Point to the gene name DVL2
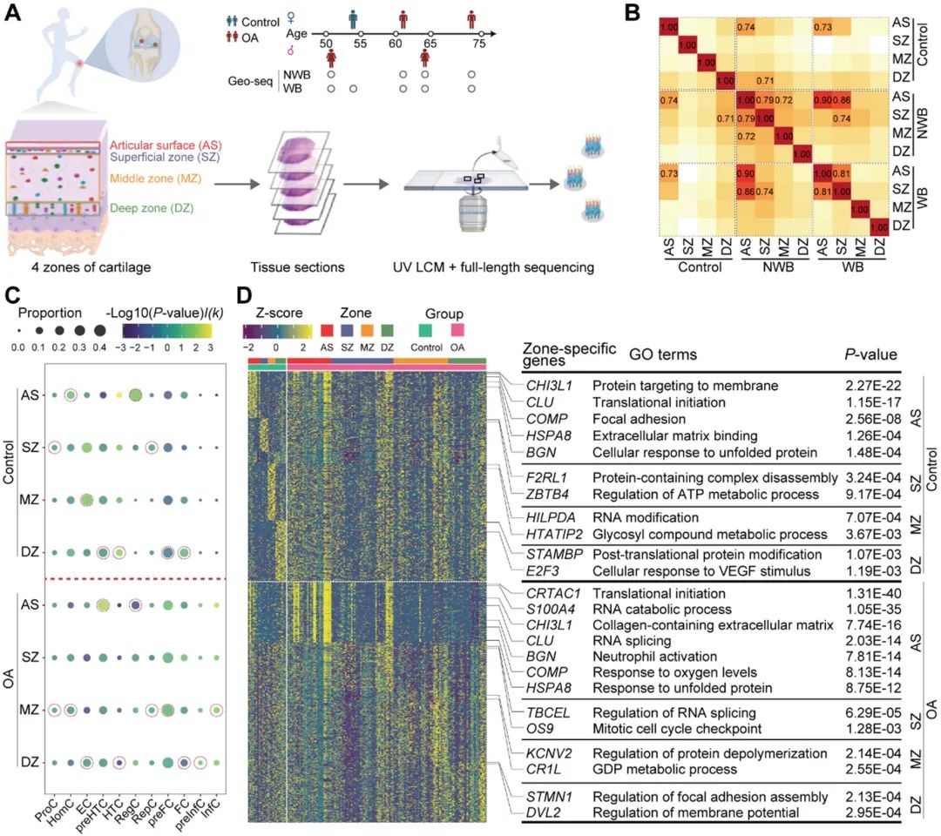(544, 812)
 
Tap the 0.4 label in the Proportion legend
(98, 347)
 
